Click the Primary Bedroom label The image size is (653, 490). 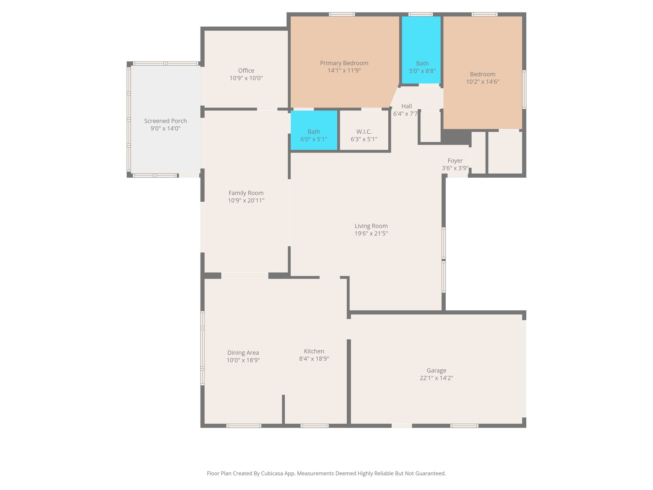pyautogui.click(x=344, y=63)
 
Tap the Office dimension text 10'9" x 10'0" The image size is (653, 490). pyautogui.click(x=246, y=78)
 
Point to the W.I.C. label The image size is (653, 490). pyautogui.click(x=364, y=132)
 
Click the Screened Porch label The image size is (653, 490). pyautogui.click(x=165, y=121)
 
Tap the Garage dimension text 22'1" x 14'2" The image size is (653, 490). pyautogui.click(x=436, y=378)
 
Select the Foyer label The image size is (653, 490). pyautogui.click(x=455, y=161)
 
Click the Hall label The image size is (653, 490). pyautogui.click(x=406, y=106)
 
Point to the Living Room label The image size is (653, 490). pyautogui.click(x=371, y=226)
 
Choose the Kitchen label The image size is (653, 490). pyautogui.click(x=314, y=351)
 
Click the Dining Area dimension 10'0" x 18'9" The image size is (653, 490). pyautogui.click(x=243, y=360)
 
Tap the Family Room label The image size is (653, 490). pyautogui.click(x=246, y=193)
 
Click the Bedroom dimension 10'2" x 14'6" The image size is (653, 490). pyautogui.click(x=482, y=82)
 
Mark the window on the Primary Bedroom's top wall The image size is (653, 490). pyautogui.click(x=342, y=14)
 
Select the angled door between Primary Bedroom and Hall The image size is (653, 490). pyautogui.click(x=395, y=97)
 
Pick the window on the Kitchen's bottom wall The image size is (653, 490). pyautogui.click(x=314, y=426)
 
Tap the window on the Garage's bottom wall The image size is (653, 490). pyautogui.click(x=464, y=426)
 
